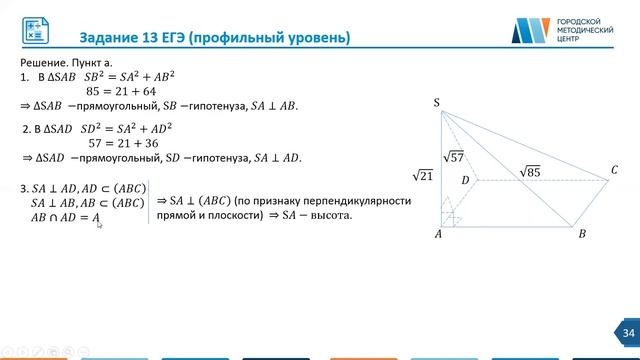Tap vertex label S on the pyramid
[x=437, y=102]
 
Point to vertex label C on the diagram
[x=614, y=171]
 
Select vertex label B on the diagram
[x=582, y=234]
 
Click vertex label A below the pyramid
[x=438, y=234]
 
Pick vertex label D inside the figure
[x=465, y=180]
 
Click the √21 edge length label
[x=422, y=176]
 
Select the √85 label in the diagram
[x=530, y=171]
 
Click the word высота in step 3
[x=329, y=215]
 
